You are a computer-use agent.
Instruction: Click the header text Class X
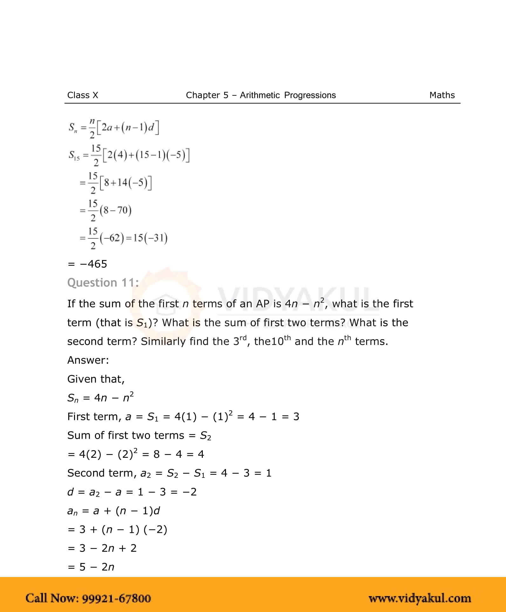coord(83,95)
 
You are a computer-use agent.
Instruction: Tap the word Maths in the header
coord(442,95)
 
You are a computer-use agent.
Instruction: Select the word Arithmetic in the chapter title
coord(260,95)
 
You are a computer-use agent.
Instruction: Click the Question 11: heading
coord(103,283)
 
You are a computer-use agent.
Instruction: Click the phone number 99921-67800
coord(117,598)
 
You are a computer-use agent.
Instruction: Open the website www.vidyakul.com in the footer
coord(420,598)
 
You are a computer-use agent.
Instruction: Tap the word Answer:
coord(88,360)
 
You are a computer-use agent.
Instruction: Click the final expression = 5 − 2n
coord(91,567)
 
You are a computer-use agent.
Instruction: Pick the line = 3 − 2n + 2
coord(102,548)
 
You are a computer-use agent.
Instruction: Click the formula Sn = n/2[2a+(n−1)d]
coord(114,128)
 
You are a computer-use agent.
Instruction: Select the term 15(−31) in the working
coord(150,238)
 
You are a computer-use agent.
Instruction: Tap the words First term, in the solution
coord(94,416)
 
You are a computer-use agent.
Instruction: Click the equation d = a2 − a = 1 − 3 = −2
coord(132,492)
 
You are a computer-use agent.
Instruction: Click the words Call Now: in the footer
coord(52,598)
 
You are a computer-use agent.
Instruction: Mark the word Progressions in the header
coord(310,95)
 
